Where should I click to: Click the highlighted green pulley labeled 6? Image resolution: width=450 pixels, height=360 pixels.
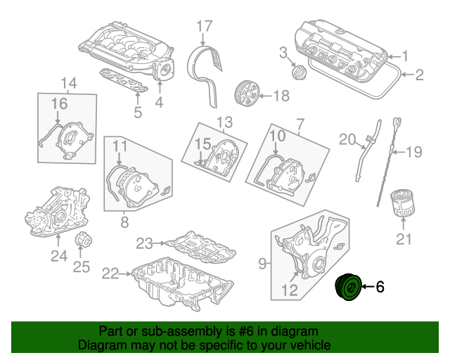(348, 287)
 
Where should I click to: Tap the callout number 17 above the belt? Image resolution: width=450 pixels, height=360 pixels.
(205, 26)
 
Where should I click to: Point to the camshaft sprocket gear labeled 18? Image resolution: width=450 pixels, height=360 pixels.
(247, 94)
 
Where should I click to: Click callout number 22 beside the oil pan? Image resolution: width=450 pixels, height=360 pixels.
(110, 274)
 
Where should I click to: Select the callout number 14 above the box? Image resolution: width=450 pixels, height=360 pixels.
(69, 83)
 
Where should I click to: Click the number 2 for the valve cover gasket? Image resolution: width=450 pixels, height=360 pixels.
(419, 75)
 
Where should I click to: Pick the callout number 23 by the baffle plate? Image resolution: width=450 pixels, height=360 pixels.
(144, 243)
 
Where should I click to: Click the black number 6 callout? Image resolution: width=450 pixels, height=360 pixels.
(380, 286)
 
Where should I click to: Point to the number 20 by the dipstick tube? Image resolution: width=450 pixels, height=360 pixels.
(347, 139)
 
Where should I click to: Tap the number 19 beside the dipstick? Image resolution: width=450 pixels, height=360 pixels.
(414, 152)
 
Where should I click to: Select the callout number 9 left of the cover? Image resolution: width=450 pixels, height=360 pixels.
(262, 263)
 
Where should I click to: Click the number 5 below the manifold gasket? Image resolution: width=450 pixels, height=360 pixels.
(138, 112)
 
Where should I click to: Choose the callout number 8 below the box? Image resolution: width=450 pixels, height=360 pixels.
(124, 222)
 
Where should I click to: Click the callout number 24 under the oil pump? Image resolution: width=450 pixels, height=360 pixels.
(59, 256)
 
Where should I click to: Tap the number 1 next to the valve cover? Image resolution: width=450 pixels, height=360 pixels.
(405, 56)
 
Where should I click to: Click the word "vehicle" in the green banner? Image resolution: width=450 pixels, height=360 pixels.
(311, 345)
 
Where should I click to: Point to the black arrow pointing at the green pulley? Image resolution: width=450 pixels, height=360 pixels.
(368, 286)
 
